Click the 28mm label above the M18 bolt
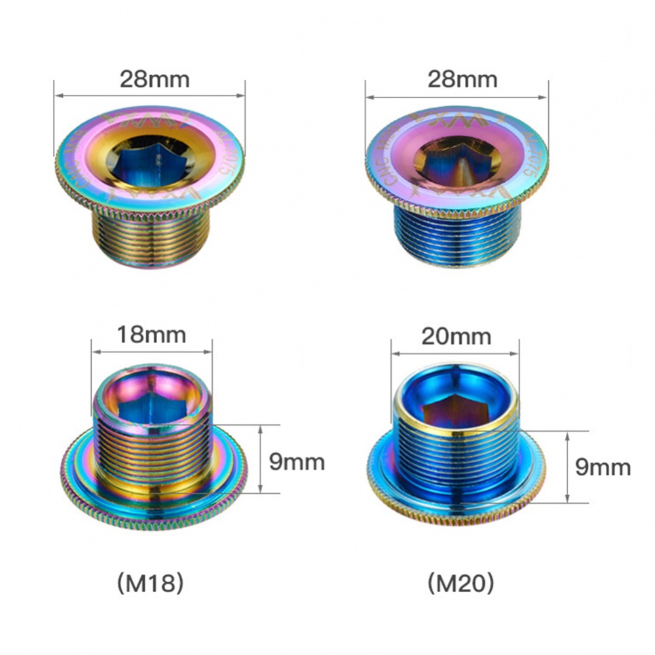click(154, 80)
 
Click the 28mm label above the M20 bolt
click(462, 80)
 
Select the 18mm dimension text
click(151, 335)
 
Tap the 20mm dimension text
click(457, 337)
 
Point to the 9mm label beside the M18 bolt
click(297, 462)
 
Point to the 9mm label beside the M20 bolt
click(603, 467)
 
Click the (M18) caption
click(149, 583)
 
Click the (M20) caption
click(459, 583)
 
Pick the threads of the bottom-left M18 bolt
click(153, 452)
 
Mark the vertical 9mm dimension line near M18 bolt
click(261, 458)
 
